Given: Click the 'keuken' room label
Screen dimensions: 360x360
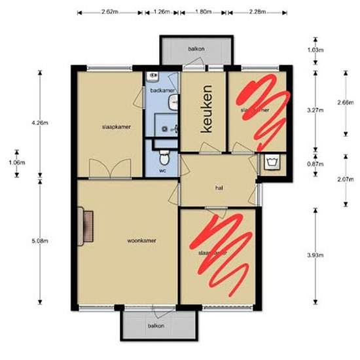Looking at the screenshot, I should coord(207,110).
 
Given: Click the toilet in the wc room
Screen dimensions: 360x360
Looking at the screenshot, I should coord(166,156).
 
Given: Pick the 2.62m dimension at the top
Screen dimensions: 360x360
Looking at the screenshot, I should coord(110,12).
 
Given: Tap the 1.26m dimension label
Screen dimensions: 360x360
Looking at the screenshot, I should coord(161,12).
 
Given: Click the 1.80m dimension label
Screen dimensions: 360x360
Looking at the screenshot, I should coord(204,12).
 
